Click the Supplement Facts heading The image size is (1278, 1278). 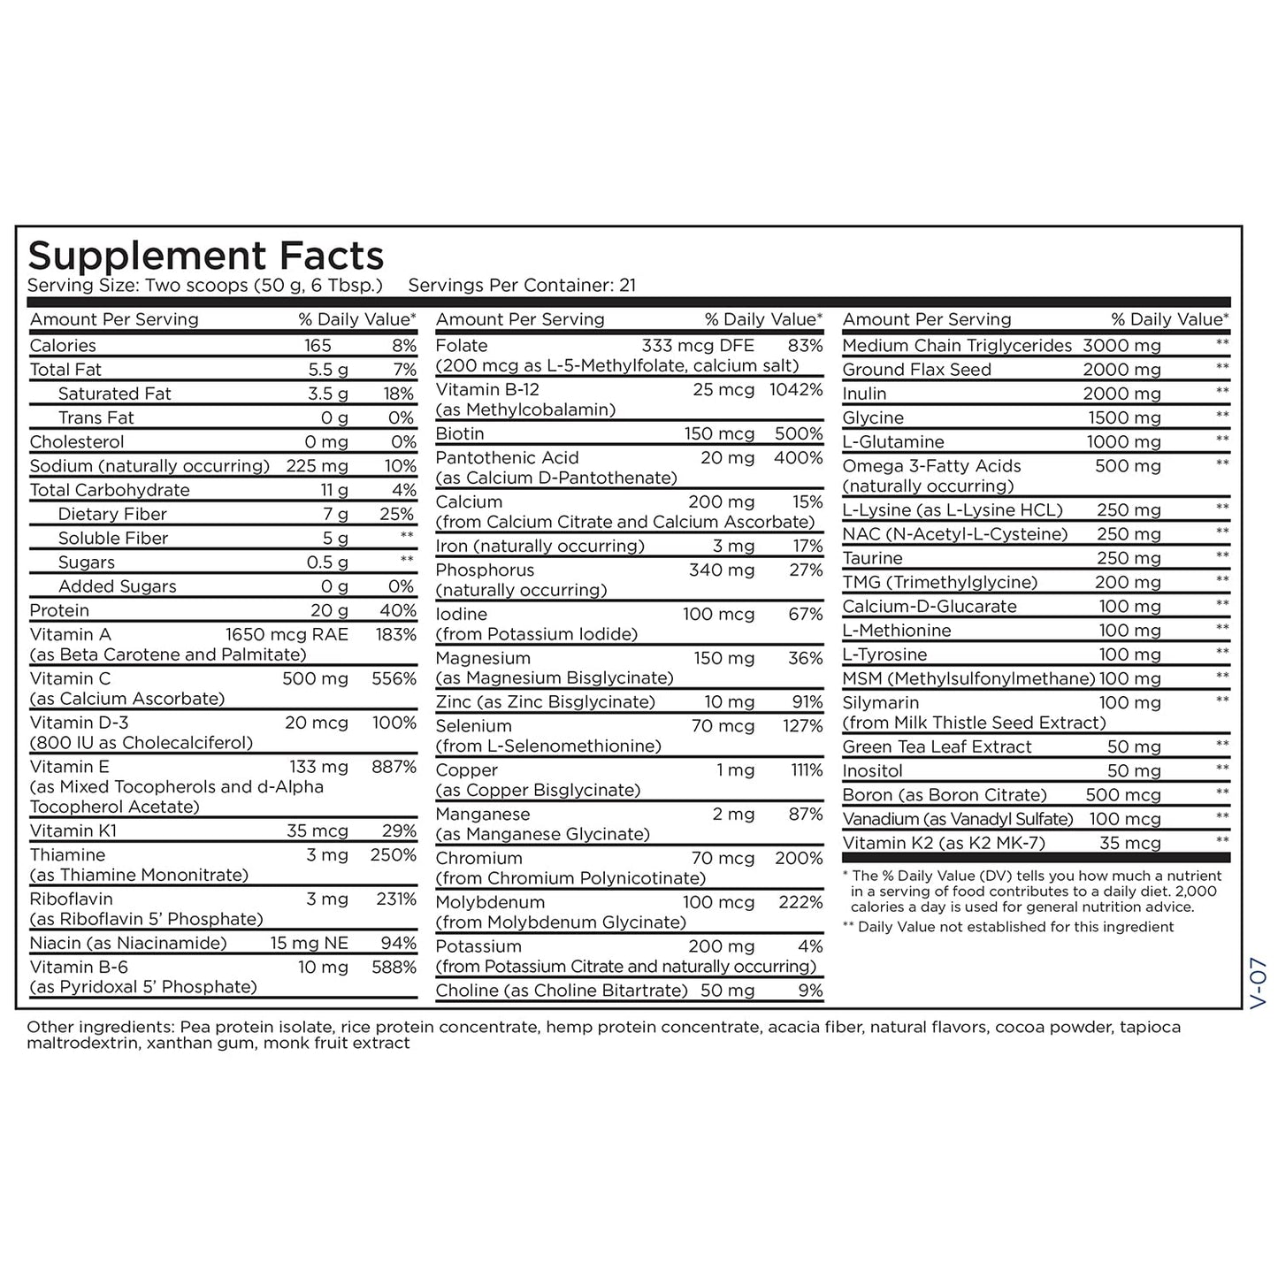(x=205, y=256)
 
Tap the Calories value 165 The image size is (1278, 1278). (x=318, y=346)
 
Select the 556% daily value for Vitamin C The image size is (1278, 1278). (x=394, y=679)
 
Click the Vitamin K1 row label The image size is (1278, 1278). (x=73, y=830)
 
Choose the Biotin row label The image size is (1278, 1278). (x=460, y=434)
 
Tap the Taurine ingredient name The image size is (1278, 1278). (x=872, y=558)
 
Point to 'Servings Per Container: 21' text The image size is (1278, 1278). (x=522, y=286)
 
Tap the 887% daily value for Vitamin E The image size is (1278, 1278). (x=394, y=768)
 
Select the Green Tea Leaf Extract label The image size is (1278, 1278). (x=937, y=747)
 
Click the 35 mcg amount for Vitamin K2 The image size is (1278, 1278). (x=1129, y=844)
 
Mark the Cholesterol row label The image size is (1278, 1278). (x=77, y=442)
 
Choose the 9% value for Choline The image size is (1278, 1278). (x=810, y=991)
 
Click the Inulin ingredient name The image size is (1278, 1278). (x=864, y=394)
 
